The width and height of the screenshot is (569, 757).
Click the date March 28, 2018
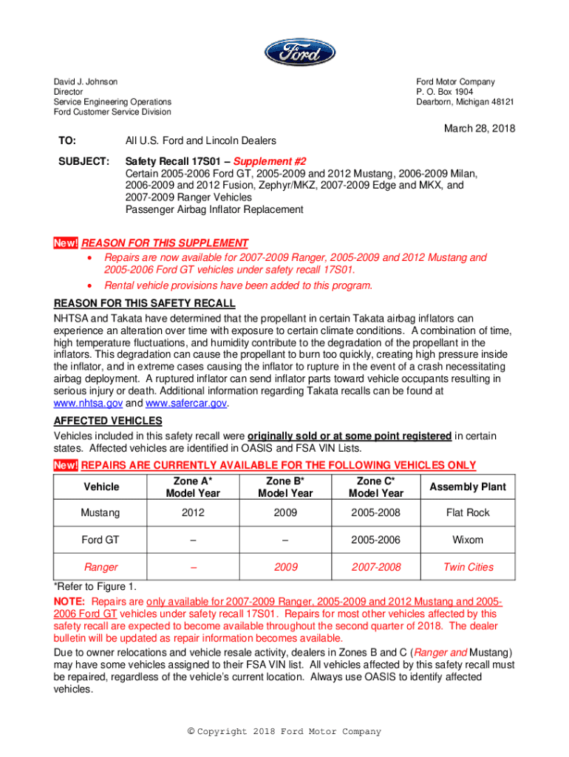[479, 129]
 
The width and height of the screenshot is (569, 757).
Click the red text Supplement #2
[270, 161]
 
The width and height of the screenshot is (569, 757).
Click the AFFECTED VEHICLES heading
[108, 421]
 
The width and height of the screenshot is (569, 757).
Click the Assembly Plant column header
[468, 486]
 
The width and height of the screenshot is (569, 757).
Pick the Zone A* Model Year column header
[194, 486]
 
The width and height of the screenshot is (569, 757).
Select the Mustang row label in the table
[101, 512]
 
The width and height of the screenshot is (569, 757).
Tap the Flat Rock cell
[468, 512]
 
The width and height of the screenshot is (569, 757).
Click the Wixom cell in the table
[468, 540]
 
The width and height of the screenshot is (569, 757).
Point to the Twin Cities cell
[468, 567]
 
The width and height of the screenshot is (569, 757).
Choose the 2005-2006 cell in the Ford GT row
[376, 540]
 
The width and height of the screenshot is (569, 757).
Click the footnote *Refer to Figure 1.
[95, 586]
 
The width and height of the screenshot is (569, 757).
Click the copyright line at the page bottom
[284, 732]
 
